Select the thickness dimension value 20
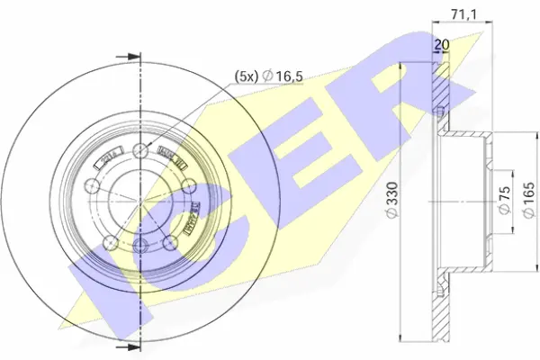(x=442, y=45)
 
